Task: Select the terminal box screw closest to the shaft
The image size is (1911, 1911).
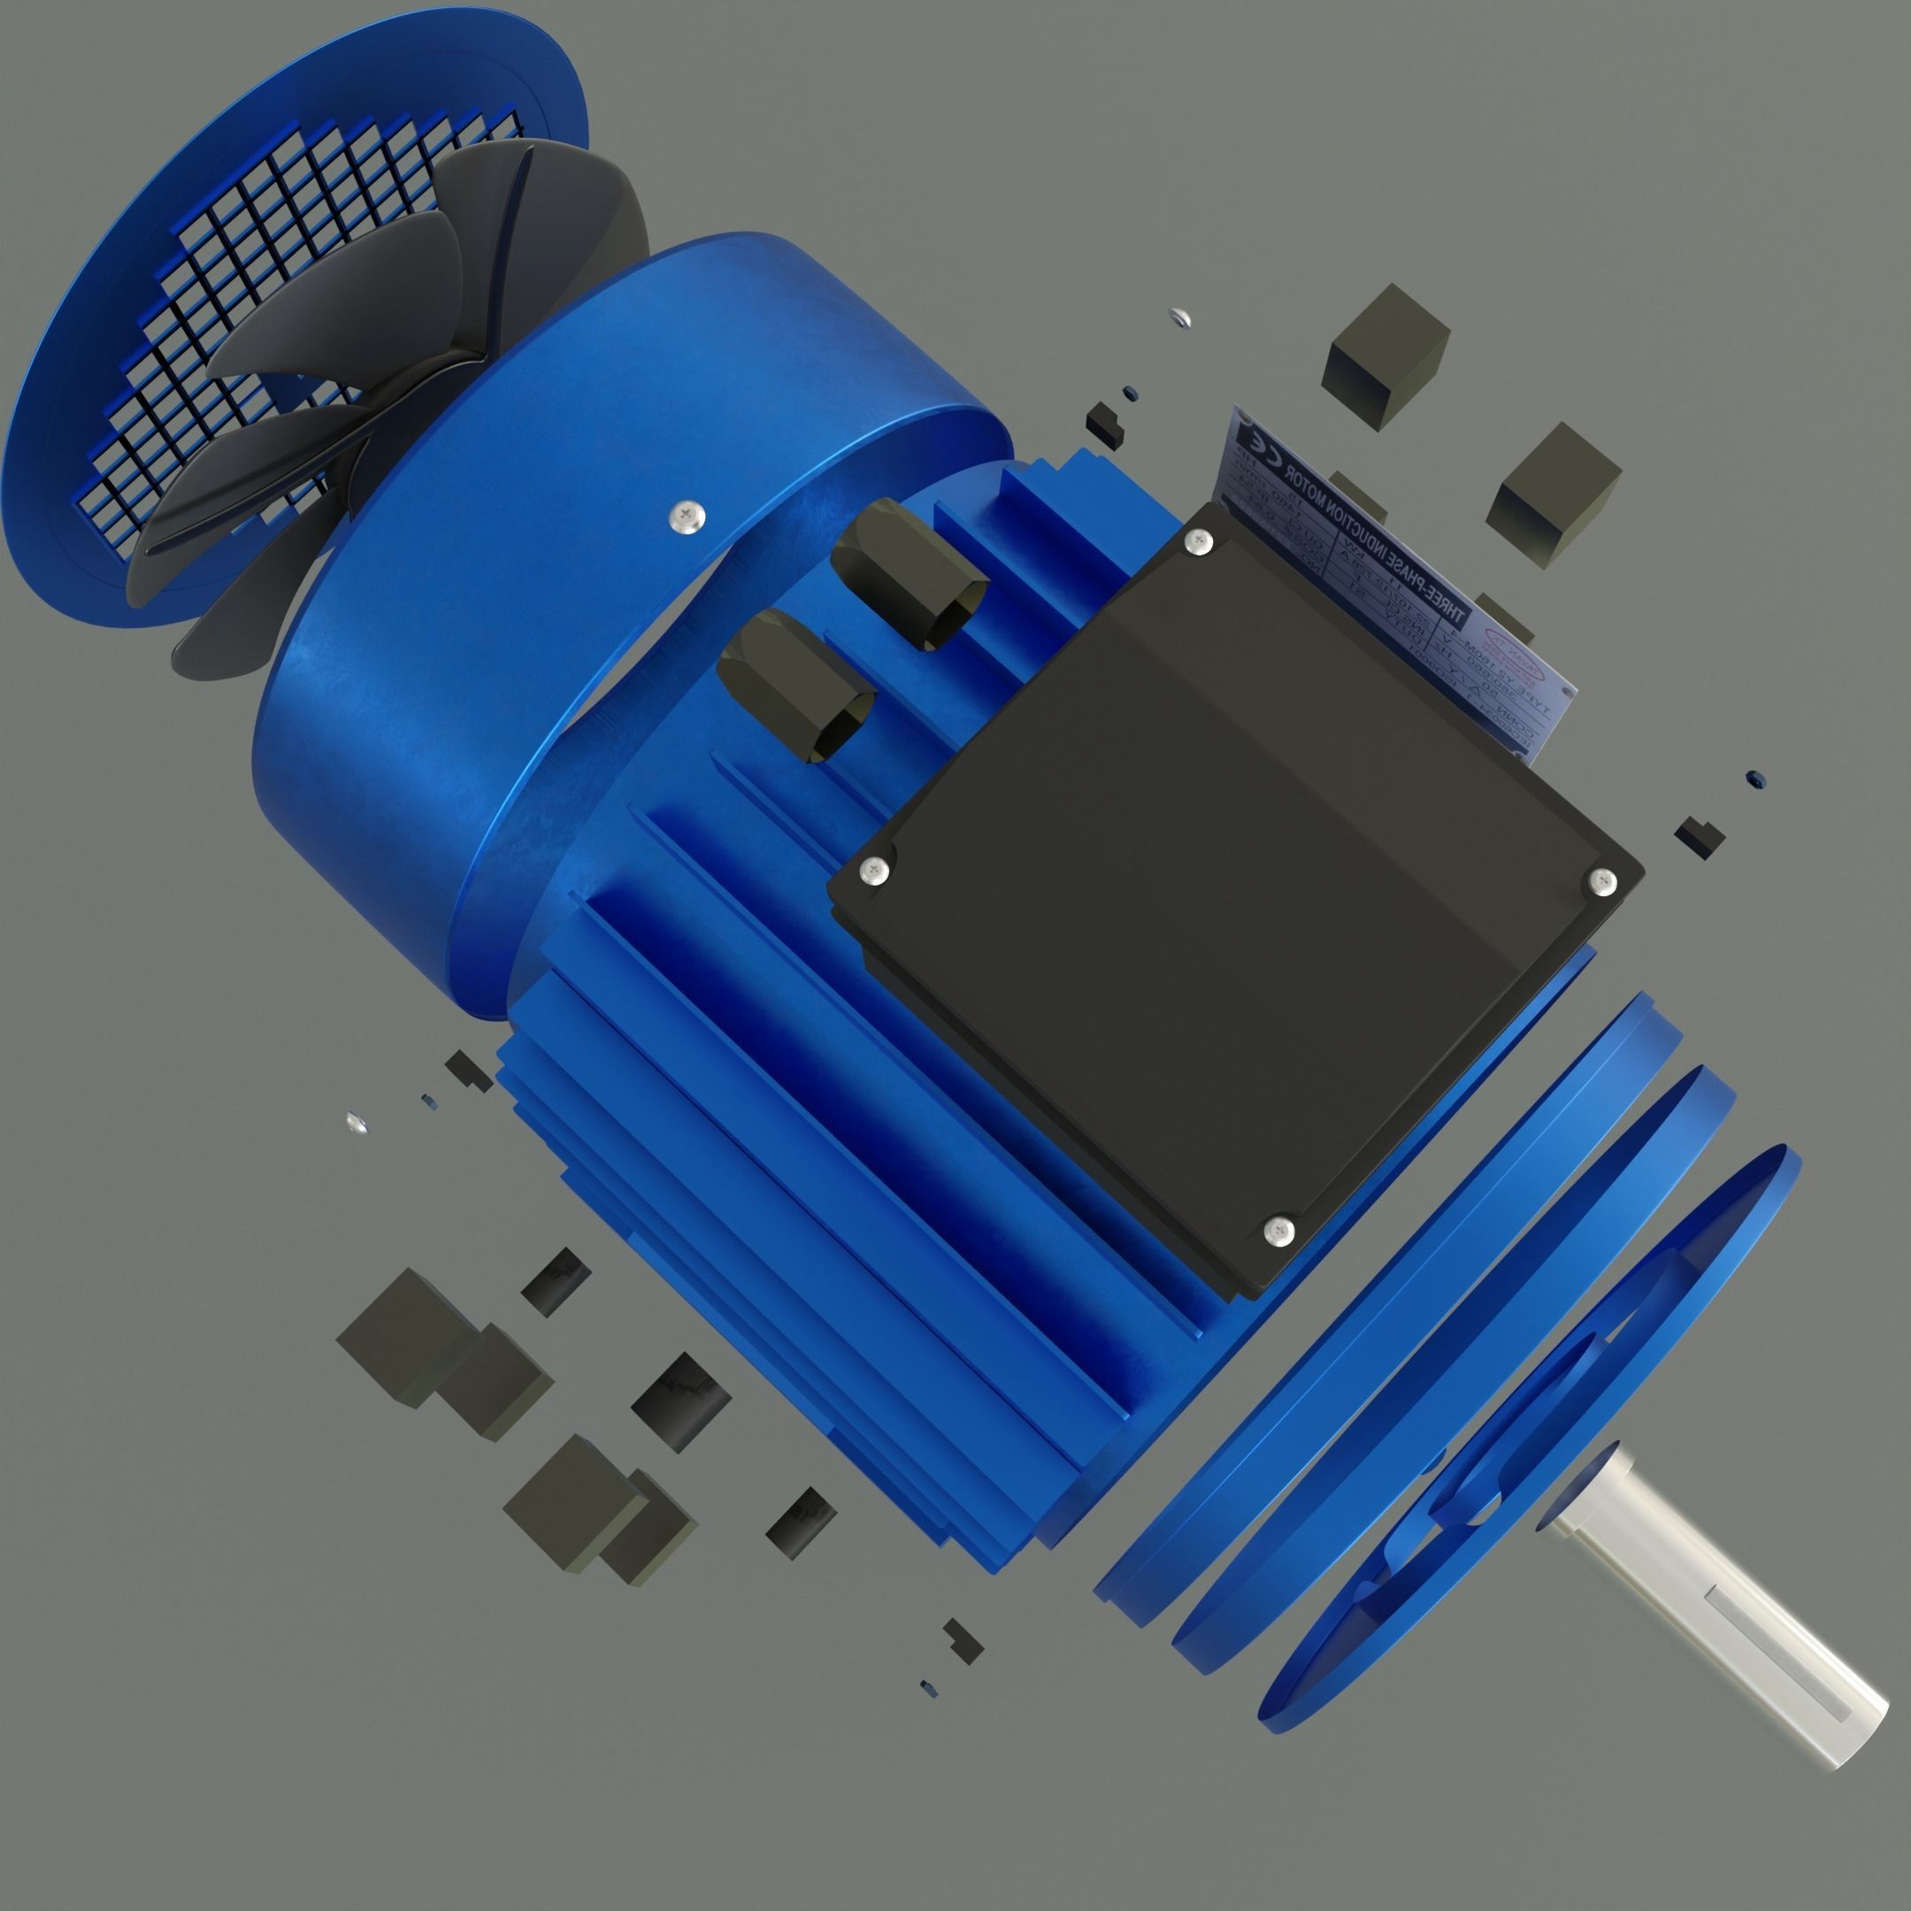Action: click(1279, 1230)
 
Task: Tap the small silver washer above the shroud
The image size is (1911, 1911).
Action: click(1178, 318)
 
